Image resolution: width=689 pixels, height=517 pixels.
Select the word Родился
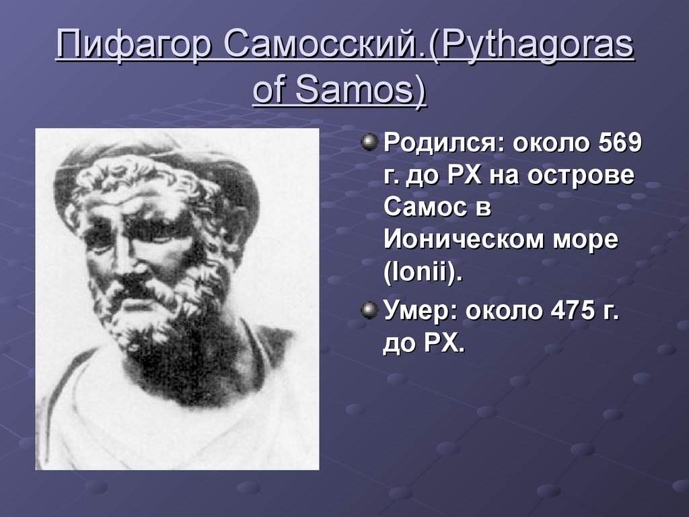[445, 143]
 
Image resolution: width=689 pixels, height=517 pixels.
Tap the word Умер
[421, 310]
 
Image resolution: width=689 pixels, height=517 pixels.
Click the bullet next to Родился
[369, 142]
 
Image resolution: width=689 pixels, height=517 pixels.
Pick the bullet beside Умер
[369, 310]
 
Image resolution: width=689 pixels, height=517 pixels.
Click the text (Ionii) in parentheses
[423, 274]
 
